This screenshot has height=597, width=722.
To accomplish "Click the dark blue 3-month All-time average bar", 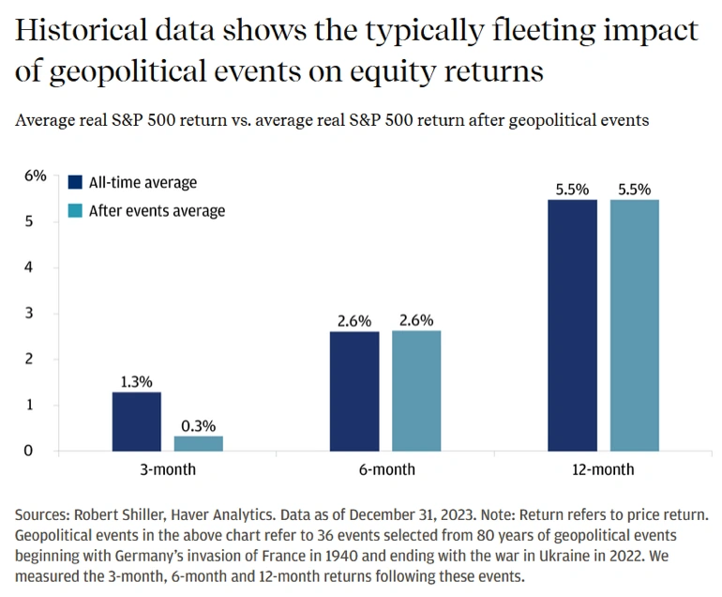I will click(136, 421).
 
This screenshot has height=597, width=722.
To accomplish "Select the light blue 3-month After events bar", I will click(198, 443).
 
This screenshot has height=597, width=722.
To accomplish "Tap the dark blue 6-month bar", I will click(354, 390).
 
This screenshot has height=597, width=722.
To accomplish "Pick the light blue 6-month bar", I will click(416, 390).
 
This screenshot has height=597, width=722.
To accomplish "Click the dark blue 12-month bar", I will click(572, 325).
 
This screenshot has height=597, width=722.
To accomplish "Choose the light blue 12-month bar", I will click(635, 325).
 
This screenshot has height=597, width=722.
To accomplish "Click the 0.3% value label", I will click(198, 424).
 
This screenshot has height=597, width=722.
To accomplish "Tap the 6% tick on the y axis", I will click(35, 176).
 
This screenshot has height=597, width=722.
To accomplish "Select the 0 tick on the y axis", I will click(28, 451).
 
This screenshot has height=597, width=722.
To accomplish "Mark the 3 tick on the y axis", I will click(28, 313).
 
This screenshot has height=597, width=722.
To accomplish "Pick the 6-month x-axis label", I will click(385, 469).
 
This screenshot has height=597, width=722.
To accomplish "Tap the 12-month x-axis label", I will click(604, 469).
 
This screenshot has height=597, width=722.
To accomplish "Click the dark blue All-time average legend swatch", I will click(76, 182).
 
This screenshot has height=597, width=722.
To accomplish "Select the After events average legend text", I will click(157, 210).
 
